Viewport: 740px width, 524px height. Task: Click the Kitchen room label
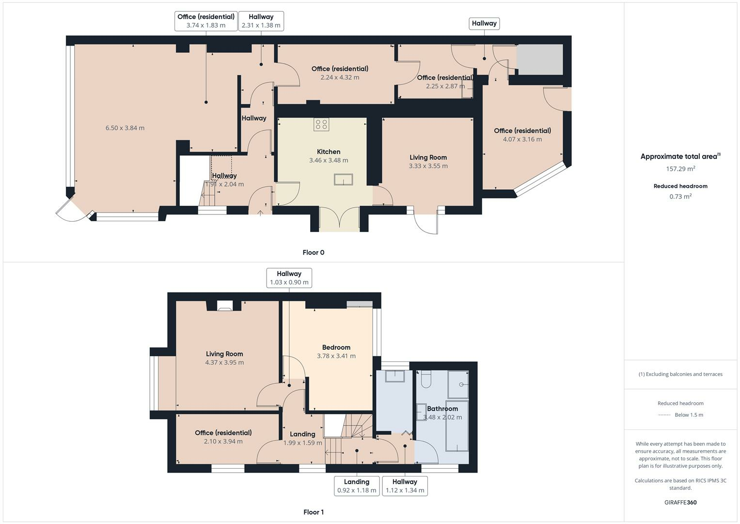pos(329,152)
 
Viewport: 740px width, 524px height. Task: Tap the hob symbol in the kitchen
pos(321,124)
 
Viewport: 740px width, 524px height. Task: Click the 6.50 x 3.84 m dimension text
pos(125,128)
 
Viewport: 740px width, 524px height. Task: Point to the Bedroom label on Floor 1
pos(336,347)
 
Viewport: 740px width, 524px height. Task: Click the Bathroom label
pos(442,409)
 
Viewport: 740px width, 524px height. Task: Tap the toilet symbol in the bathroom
pos(426,379)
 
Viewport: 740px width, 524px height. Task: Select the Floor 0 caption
pos(313,252)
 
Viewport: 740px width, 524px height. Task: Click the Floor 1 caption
pos(313,512)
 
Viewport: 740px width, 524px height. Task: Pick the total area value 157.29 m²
pos(680,169)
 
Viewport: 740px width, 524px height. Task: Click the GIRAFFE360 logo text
pos(680,502)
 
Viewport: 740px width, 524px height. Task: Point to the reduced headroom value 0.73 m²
pos(680,196)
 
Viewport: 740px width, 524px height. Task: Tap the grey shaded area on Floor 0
pos(540,59)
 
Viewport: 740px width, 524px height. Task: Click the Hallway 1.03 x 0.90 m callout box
pos(289,278)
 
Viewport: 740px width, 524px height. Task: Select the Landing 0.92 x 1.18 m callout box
pos(357,486)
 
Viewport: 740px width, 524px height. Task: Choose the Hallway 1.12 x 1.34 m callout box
pos(405,486)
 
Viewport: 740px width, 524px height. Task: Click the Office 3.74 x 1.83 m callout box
pos(206,21)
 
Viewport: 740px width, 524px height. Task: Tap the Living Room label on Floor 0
pos(428,157)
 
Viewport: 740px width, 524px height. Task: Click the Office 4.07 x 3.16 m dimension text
pos(522,139)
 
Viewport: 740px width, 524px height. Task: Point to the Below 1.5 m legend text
pos(689,415)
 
